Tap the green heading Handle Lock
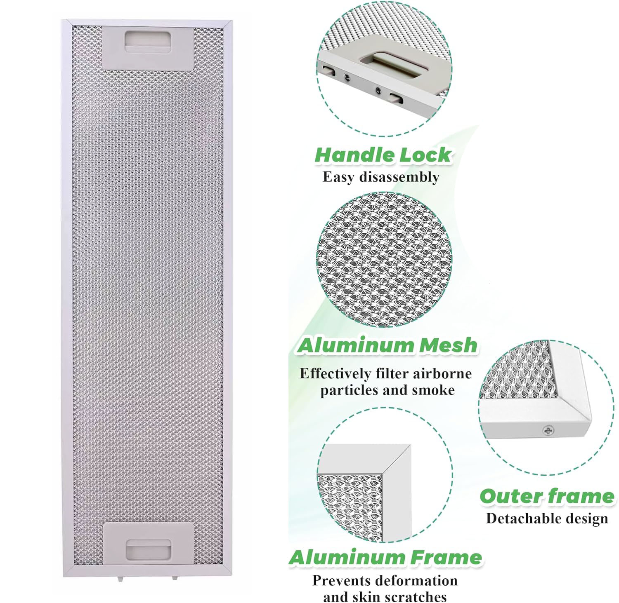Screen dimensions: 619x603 pyautogui.click(x=383, y=155)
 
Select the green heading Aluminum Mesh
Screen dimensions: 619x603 pyautogui.click(x=387, y=345)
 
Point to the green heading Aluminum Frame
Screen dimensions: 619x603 pyautogui.click(x=385, y=558)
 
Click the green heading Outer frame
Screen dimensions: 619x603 pyautogui.click(x=547, y=496)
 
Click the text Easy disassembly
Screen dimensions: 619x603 pyautogui.click(x=381, y=177)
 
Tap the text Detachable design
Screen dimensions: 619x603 pyautogui.click(x=547, y=518)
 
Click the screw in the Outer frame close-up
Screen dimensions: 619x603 pyautogui.click(x=548, y=431)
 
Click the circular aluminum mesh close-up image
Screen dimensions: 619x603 pyautogui.click(x=385, y=260)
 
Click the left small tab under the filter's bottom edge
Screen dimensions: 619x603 pyautogui.click(x=121, y=579)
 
